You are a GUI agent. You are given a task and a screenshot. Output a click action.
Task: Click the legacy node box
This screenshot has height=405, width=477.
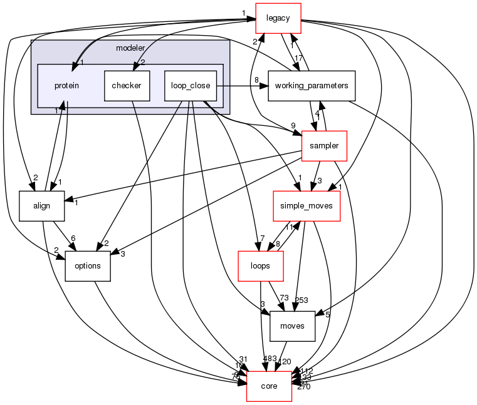[278, 18]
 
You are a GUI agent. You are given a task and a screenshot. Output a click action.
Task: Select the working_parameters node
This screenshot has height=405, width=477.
[312, 85]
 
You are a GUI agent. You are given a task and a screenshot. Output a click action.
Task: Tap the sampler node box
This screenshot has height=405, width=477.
[324, 145]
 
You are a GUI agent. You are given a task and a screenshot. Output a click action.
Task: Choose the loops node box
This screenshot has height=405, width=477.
[259, 265]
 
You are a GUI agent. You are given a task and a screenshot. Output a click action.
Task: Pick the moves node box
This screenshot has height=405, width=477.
[291, 326]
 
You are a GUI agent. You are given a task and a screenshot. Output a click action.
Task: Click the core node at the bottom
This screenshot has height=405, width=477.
[269, 386]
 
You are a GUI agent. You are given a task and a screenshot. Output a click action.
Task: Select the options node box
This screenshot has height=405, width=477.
[88, 265]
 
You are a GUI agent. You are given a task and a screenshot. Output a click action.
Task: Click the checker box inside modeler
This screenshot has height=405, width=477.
[126, 85]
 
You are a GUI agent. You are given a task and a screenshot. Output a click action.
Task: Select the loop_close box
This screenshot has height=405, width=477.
[190, 85]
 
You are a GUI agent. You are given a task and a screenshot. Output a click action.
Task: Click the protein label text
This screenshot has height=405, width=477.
[66, 85]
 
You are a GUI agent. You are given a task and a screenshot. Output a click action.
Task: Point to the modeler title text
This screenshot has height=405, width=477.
[130, 48]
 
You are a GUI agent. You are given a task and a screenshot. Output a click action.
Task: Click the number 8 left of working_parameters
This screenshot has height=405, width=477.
[256, 79]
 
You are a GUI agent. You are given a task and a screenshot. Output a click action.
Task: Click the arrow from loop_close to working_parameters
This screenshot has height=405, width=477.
[241, 85]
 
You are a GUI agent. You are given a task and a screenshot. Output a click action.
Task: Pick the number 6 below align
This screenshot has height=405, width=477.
[73, 238]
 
